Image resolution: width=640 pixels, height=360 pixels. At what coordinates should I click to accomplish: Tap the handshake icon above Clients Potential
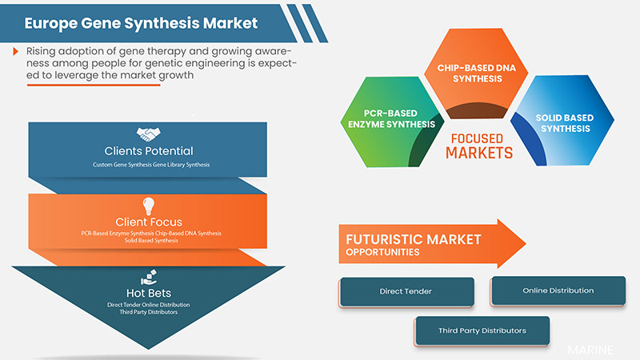point(149,134)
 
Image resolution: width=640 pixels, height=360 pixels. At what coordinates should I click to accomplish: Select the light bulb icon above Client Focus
point(149,205)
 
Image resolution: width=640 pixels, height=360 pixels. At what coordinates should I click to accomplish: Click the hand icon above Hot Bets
point(149,277)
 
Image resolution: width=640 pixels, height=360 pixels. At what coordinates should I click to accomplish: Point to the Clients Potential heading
point(149,150)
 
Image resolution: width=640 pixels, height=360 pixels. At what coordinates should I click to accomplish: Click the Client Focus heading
point(149,222)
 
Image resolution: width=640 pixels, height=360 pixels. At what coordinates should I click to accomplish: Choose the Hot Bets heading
point(149,293)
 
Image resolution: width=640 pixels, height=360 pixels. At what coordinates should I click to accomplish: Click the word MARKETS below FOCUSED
point(478,152)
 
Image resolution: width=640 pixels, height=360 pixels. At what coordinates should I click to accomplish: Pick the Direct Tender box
point(406,291)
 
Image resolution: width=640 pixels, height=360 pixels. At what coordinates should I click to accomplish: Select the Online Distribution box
point(558,290)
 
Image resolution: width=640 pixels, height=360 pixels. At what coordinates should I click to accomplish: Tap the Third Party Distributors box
point(482,330)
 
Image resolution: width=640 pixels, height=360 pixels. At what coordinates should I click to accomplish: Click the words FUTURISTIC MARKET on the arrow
point(413,239)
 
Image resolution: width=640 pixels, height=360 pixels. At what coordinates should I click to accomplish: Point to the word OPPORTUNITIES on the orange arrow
point(382,253)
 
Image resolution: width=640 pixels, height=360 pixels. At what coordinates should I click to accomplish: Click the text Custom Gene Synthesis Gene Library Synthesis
point(149,164)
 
